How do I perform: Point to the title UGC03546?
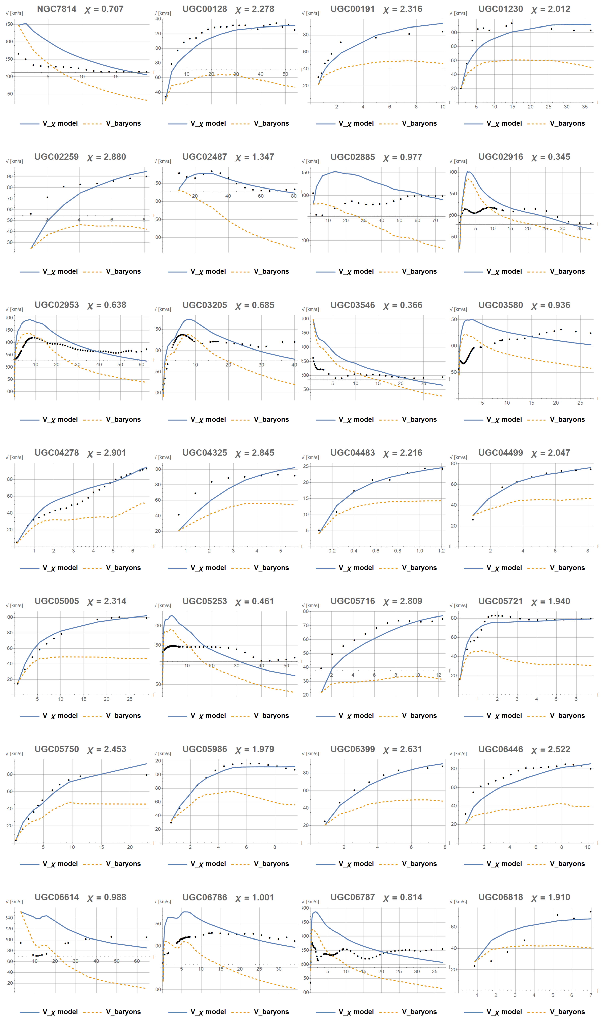click(352, 305)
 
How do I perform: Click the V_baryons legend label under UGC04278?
click(123, 568)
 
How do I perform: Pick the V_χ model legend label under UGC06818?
click(504, 1012)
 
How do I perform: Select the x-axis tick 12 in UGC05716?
click(439, 675)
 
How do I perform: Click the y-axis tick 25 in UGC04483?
click(306, 466)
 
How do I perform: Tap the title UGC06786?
click(205, 897)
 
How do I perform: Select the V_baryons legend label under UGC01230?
click(567, 123)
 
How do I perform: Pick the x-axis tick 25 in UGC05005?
click(129, 699)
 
